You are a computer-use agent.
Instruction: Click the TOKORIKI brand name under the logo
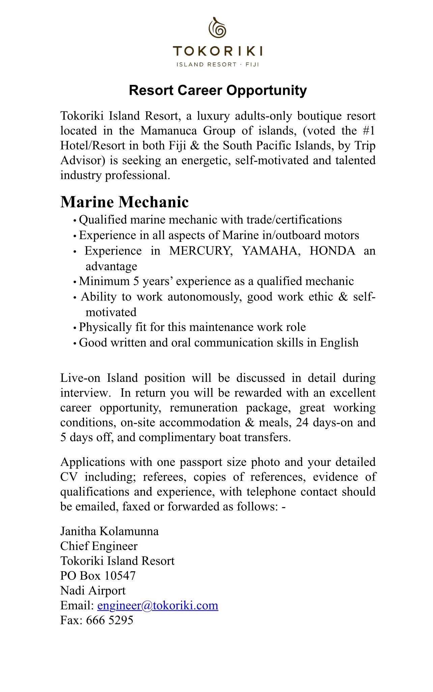tap(218, 52)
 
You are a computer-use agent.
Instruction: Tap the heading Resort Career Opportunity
tap(218, 91)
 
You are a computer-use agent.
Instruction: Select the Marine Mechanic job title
tap(124, 202)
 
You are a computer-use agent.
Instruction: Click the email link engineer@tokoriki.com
tap(157, 605)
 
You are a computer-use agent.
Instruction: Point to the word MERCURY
tap(201, 251)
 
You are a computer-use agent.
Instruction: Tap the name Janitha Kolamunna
tap(109, 531)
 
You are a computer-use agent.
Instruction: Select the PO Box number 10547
tap(120, 575)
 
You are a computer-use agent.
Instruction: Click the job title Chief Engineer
tap(99, 546)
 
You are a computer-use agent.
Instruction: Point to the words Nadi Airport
tap(93, 590)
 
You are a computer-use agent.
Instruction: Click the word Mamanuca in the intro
tap(169, 131)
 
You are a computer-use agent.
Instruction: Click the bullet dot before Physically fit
tap(75, 328)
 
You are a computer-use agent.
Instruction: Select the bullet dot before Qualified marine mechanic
tap(75, 221)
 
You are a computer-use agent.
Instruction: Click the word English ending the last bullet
tap(339, 343)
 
